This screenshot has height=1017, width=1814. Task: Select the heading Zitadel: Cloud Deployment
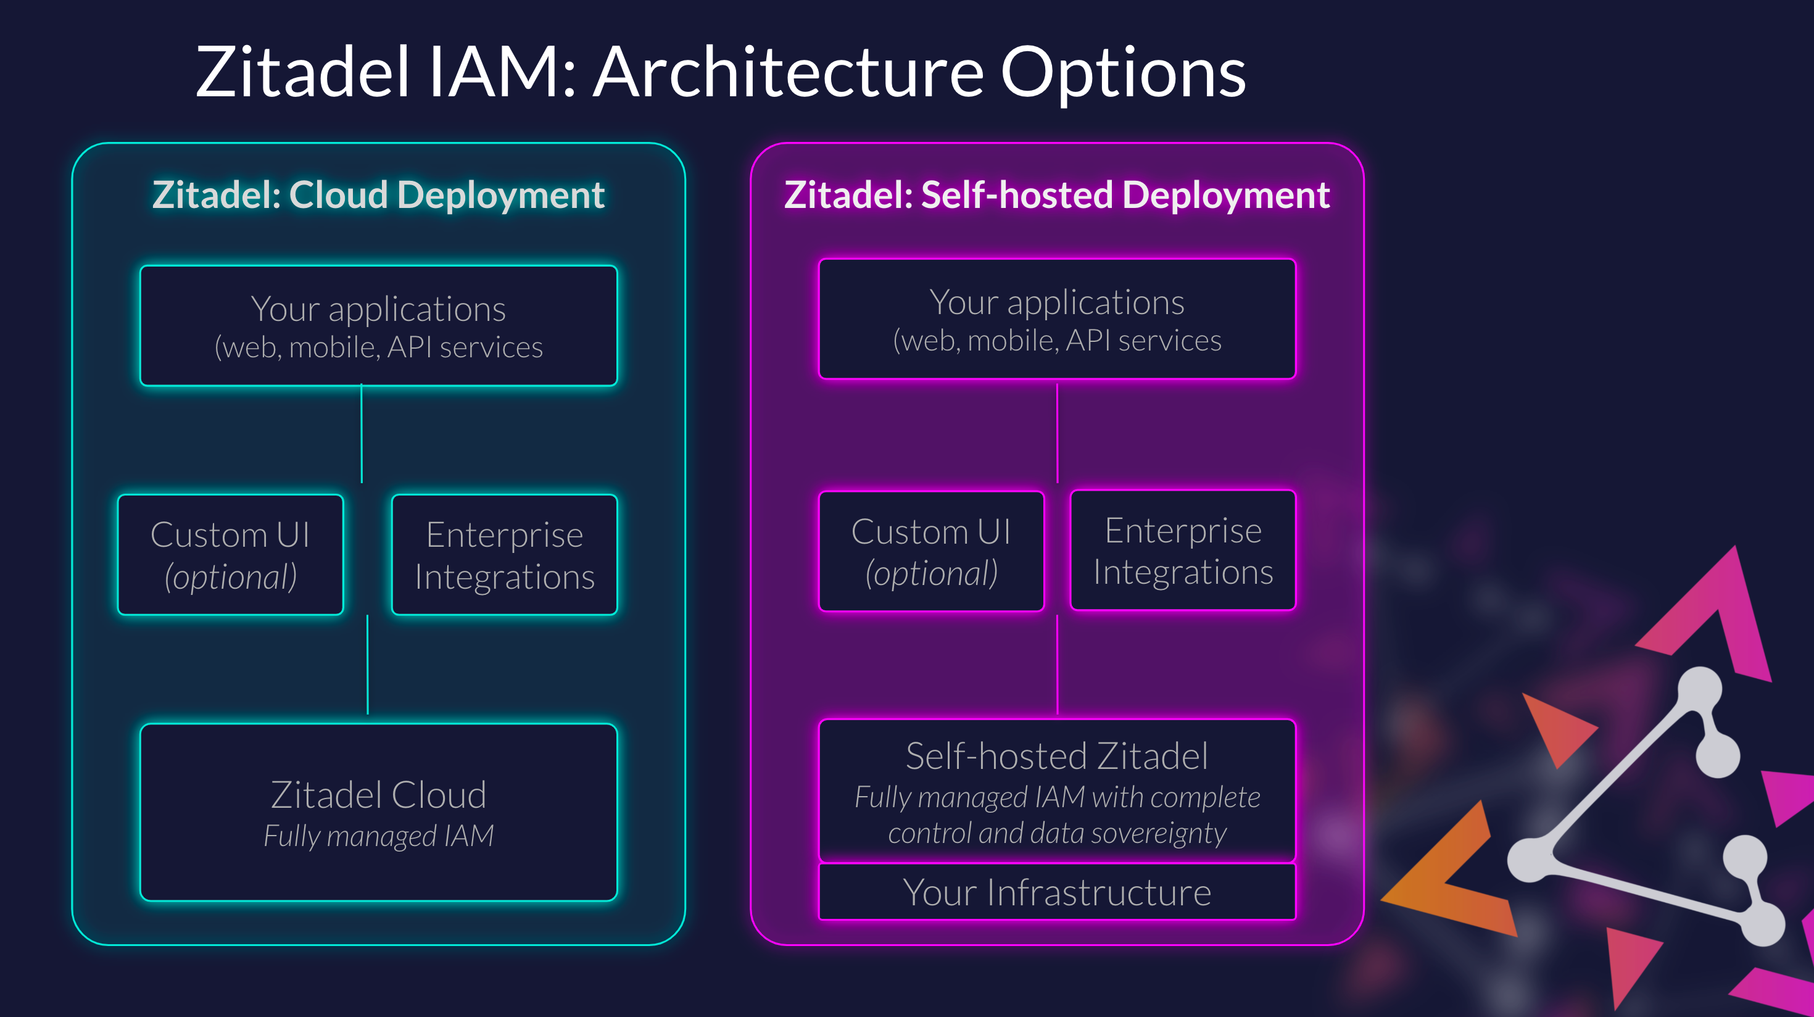[378, 194]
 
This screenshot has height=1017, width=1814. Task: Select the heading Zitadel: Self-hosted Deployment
[1056, 194]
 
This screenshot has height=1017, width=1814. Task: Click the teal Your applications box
[378, 325]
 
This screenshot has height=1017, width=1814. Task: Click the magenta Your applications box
[1056, 319]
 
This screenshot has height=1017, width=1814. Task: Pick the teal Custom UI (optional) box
[230, 554]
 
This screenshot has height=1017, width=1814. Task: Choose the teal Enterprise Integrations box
[504, 554]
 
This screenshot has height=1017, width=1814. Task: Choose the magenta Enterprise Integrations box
[1183, 550]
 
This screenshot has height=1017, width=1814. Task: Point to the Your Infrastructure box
[1056, 892]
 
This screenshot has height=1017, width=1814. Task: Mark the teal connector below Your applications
[361, 433]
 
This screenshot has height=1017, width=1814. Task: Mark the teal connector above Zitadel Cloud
[368, 665]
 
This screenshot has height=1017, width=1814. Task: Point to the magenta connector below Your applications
[1057, 433]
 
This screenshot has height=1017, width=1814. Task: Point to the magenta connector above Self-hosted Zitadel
[1057, 665]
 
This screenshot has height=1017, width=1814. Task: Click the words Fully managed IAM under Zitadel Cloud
[378, 836]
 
